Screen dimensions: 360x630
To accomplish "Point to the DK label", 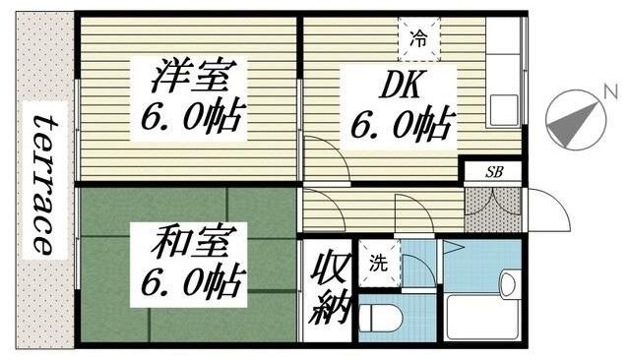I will coord(400,87).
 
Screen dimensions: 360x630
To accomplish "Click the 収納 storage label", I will coord(328,290).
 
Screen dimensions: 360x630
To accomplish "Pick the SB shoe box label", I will coord(492,171).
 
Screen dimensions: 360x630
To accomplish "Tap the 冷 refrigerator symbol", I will coord(419,40).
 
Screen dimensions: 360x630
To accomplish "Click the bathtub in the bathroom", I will coord(483,317).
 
